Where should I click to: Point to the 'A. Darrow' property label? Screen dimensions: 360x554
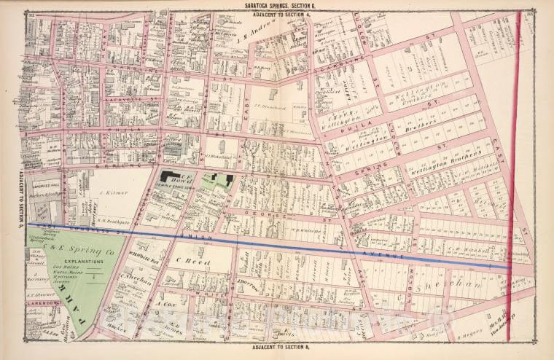click(243, 286)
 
